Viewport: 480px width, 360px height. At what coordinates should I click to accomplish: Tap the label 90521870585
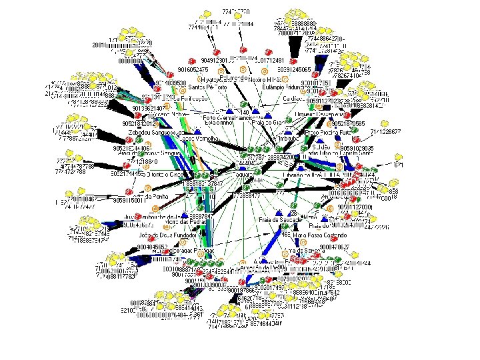[x=366, y=123]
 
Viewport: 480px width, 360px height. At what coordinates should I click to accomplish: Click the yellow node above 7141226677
[x=386, y=123]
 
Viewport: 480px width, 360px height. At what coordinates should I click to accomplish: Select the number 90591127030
[x=355, y=208]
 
